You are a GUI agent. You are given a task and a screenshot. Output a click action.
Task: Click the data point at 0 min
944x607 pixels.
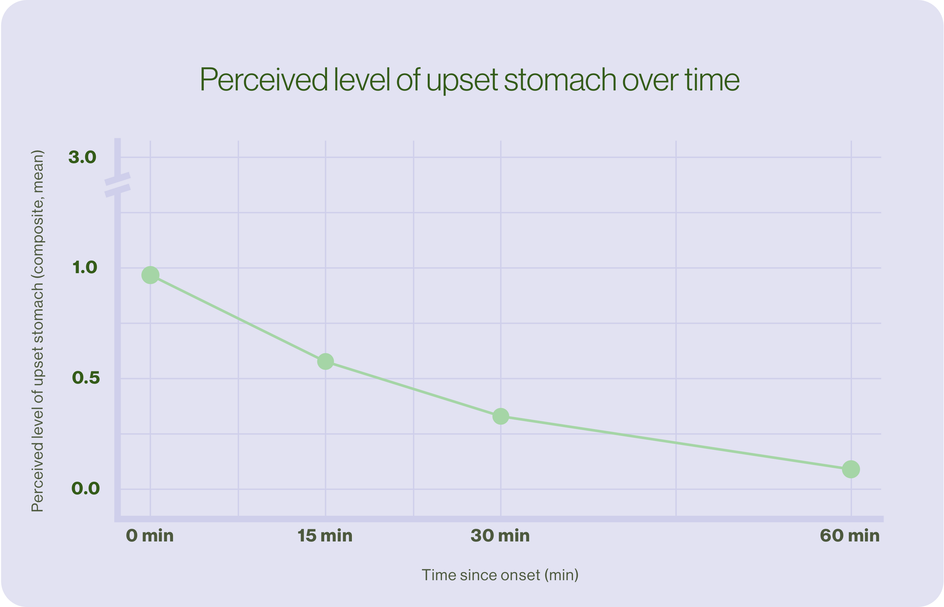coord(150,275)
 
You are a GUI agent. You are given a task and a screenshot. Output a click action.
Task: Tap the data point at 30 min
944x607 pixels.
coord(501,416)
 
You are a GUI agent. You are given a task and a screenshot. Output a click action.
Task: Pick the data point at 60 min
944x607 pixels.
coord(851,469)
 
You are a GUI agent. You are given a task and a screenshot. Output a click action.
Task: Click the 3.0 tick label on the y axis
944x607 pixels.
coord(82,157)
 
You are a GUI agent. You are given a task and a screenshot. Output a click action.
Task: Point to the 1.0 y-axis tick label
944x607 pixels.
coord(84,268)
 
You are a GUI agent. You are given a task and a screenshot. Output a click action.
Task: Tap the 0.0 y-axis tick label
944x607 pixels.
coord(85,489)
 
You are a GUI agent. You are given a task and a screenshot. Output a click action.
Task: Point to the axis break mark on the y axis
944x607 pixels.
coord(117,184)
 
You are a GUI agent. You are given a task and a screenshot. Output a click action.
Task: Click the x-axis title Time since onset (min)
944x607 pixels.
coord(500,575)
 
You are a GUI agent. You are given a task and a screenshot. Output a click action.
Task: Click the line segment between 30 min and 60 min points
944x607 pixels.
coord(676,443)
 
